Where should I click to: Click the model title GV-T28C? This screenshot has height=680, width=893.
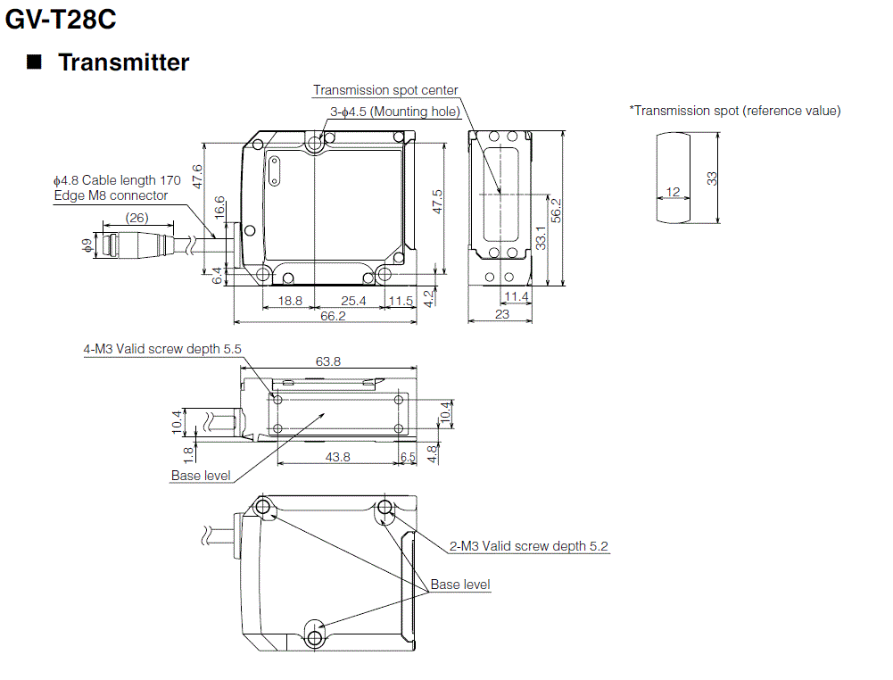click(x=61, y=19)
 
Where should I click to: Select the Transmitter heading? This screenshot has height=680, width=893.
click(x=123, y=62)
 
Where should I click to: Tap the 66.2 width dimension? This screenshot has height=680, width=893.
click(x=333, y=315)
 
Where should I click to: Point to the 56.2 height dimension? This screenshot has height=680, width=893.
click(x=556, y=211)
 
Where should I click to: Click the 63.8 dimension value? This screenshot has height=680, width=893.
click(x=328, y=361)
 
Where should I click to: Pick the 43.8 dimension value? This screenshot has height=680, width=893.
click(x=337, y=456)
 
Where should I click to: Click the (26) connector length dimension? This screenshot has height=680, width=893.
click(x=136, y=218)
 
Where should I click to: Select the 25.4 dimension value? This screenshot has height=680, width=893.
click(x=353, y=301)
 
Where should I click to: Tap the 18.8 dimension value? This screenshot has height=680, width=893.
click(x=290, y=301)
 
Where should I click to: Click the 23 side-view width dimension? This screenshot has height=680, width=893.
click(x=501, y=314)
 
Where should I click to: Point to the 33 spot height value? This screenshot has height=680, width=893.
click(x=712, y=178)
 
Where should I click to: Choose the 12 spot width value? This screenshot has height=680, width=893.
click(x=673, y=192)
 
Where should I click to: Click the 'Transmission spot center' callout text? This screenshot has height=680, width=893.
click(x=385, y=90)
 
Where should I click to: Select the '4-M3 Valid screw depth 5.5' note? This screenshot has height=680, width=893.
click(x=162, y=349)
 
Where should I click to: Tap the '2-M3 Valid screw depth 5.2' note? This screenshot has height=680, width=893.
click(x=529, y=546)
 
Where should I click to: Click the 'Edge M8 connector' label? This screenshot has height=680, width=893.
click(x=111, y=195)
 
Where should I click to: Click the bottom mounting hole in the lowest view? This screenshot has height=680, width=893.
click(x=313, y=636)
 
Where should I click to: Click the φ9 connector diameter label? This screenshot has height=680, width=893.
click(x=87, y=245)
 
